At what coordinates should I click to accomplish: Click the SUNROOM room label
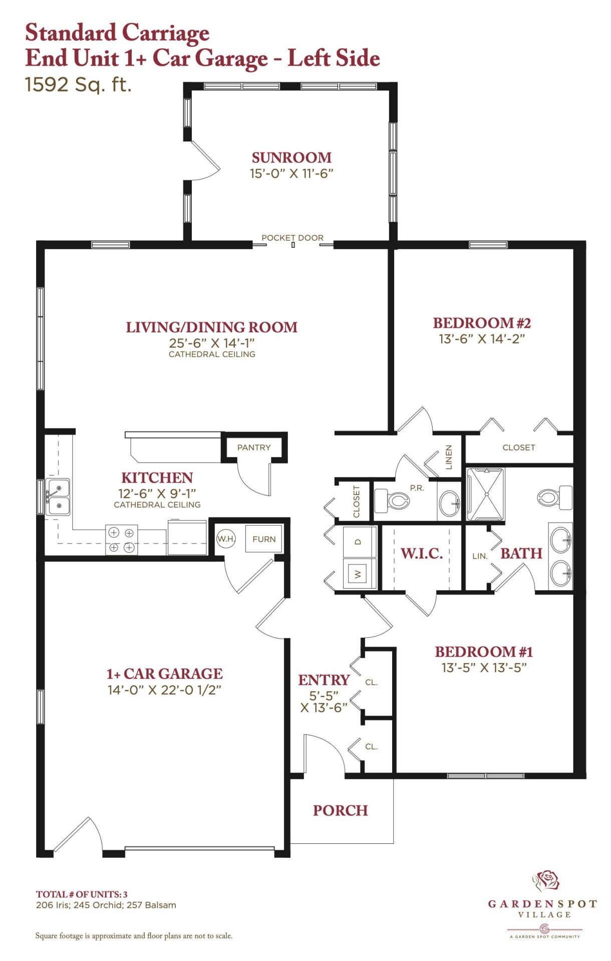291,158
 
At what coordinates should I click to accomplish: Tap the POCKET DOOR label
292,238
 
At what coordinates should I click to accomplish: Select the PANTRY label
254,447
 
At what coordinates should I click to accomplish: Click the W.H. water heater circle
226,539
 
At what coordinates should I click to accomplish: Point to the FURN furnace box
264,539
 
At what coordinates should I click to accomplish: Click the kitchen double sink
58,497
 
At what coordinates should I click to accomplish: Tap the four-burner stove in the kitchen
121,540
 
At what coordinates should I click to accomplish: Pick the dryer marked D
359,542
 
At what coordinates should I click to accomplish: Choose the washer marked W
359,573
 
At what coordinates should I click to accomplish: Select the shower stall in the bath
485,495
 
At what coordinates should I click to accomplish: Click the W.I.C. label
422,554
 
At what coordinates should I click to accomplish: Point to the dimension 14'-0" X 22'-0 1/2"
164,690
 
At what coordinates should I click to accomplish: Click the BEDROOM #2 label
482,323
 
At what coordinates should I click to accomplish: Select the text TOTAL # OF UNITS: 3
82,894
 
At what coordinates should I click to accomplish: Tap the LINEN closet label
449,457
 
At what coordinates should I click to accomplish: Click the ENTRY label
324,680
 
